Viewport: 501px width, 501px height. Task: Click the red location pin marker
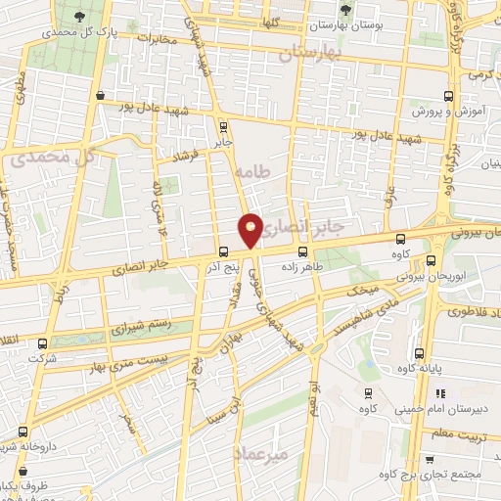tap(250, 230)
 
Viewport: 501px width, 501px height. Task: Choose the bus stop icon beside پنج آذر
tap(224, 251)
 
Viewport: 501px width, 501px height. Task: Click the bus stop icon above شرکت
tap(41, 343)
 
